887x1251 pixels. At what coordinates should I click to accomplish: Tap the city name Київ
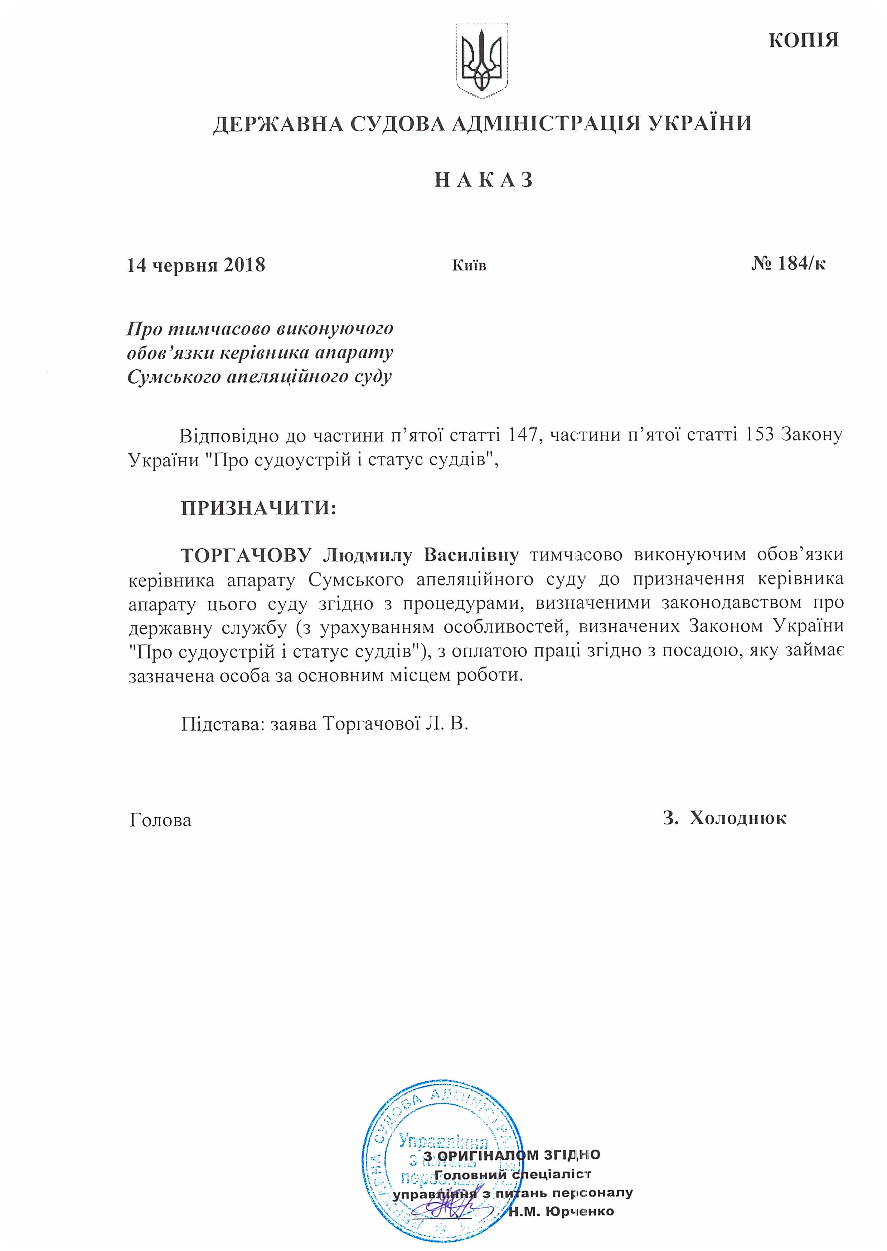pyautogui.click(x=469, y=266)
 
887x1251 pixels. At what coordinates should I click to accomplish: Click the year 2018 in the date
pyautogui.click(x=244, y=266)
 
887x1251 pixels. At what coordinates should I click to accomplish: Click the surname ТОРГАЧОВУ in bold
pyautogui.click(x=246, y=555)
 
